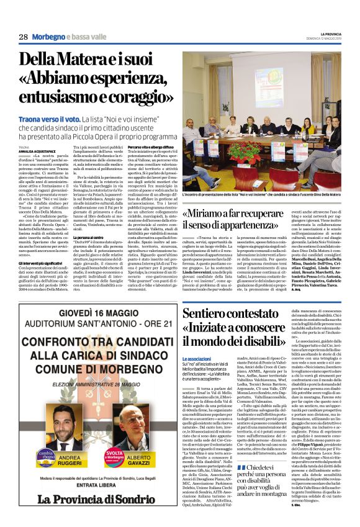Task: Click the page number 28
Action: coord(23,37)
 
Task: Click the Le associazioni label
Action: coord(197,359)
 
